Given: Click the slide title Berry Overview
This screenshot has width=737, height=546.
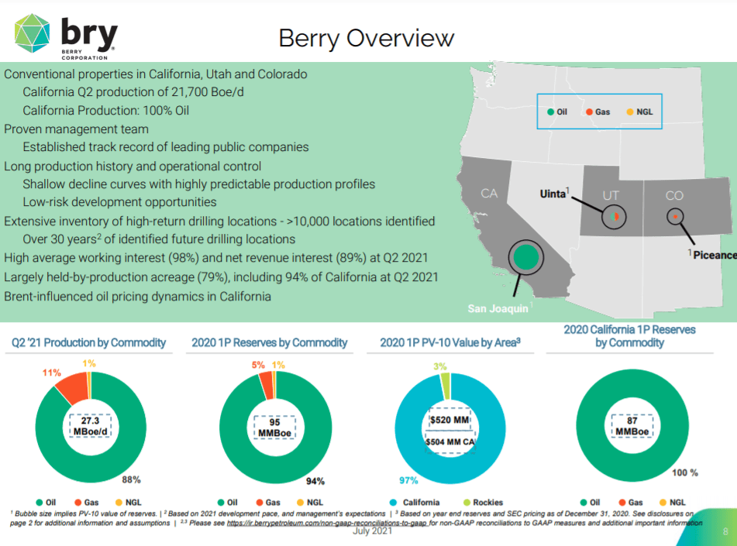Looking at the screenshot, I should tap(366, 38).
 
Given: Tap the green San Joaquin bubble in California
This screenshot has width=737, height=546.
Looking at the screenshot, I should tap(526, 256).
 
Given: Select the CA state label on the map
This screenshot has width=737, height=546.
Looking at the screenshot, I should tap(488, 194).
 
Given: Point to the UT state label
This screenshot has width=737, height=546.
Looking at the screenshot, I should tap(611, 196).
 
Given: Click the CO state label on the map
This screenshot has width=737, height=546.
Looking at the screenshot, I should tap(674, 196).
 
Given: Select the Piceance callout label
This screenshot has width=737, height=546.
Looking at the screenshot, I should tap(714, 255).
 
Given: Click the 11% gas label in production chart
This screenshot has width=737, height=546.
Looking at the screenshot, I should tap(51, 373).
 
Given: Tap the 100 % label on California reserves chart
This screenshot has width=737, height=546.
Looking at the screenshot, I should tap(684, 472).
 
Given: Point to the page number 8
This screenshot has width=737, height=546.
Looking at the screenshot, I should tap(725, 532).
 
